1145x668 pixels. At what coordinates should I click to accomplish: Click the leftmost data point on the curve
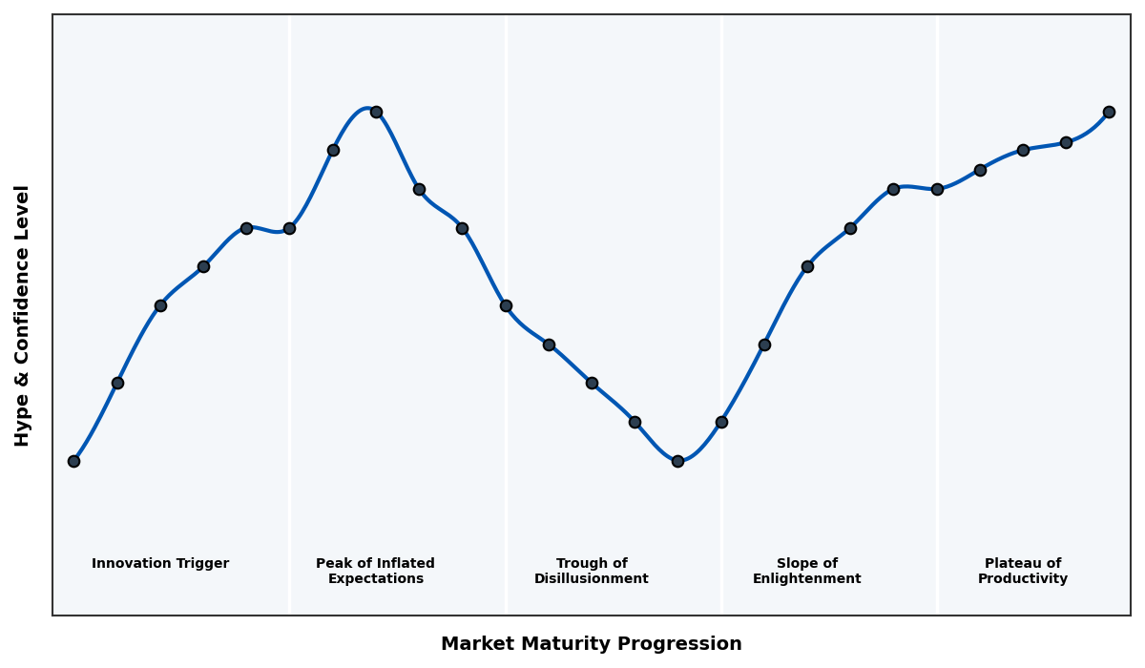pos(73,461)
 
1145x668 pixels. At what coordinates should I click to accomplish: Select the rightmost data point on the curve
pos(1109,112)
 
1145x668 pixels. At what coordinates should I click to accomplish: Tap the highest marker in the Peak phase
pos(376,112)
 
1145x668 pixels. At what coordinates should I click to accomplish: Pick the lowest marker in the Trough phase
pos(677,461)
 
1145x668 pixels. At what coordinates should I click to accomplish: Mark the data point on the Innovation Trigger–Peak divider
pos(289,228)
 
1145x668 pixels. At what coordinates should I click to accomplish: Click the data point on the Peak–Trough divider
pos(506,305)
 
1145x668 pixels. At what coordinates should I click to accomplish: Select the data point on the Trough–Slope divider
pos(721,422)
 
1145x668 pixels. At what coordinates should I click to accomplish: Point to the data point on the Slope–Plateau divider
pos(937,189)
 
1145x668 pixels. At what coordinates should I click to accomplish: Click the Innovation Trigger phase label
pos(160,564)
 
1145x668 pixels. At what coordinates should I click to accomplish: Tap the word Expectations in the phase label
pos(376,579)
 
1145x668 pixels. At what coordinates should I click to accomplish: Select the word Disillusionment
pos(592,579)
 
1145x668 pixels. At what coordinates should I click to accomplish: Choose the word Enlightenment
pos(807,579)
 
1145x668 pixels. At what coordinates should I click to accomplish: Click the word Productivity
pos(1023,579)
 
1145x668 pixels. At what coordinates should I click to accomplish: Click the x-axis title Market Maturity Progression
pos(592,644)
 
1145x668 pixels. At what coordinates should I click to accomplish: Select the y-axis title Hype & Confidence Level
pos(23,315)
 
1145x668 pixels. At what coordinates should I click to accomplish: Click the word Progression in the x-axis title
pos(687,644)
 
